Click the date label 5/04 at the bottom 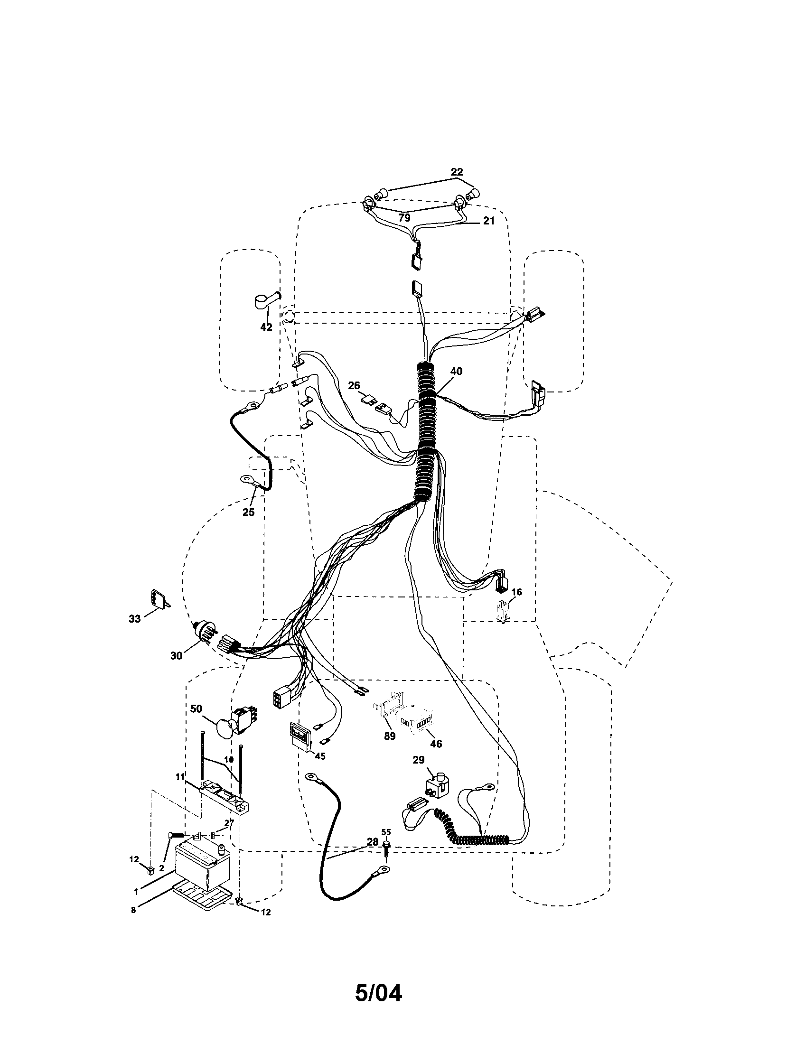378,991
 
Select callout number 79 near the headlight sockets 404,218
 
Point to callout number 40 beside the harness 456,371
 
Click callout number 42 266,327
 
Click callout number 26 354,385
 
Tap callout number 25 248,512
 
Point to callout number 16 516,592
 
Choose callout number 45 320,756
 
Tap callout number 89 390,736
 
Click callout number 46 436,743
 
